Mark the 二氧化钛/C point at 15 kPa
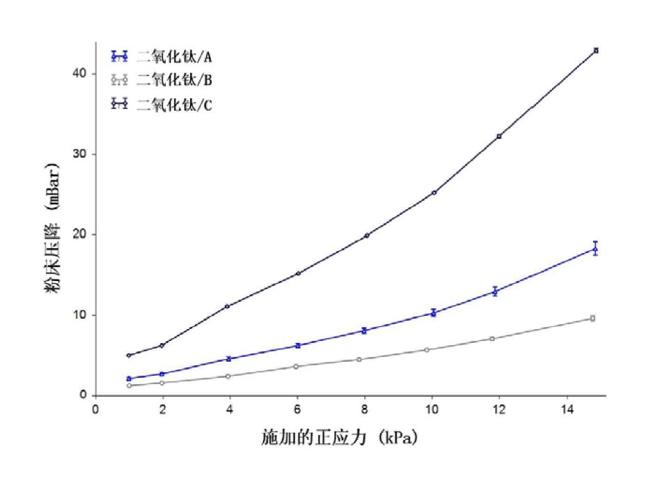(x=596, y=50)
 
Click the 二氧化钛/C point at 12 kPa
(x=499, y=136)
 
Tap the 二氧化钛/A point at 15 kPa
(x=595, y=249)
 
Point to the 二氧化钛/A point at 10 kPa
(x=434, y=313)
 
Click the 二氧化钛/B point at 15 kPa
(x=592, y=318)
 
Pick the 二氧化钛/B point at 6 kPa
(x=297, y=366)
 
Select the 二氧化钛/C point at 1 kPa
(x=129, y=356)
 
